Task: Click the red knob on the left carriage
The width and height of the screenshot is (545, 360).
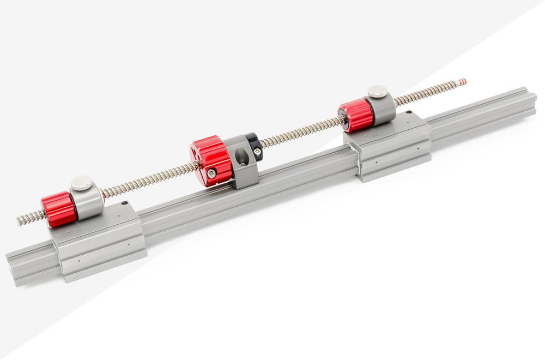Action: pos(58,209)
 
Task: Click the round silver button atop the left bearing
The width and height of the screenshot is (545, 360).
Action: pos(82,183)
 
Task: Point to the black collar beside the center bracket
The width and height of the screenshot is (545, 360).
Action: pos(254,147)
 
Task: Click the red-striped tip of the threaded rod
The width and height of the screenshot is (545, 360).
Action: pos(462,82)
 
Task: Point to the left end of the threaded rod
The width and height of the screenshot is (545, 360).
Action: pos(21,220)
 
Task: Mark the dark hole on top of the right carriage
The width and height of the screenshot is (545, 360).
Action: pos(409,113)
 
